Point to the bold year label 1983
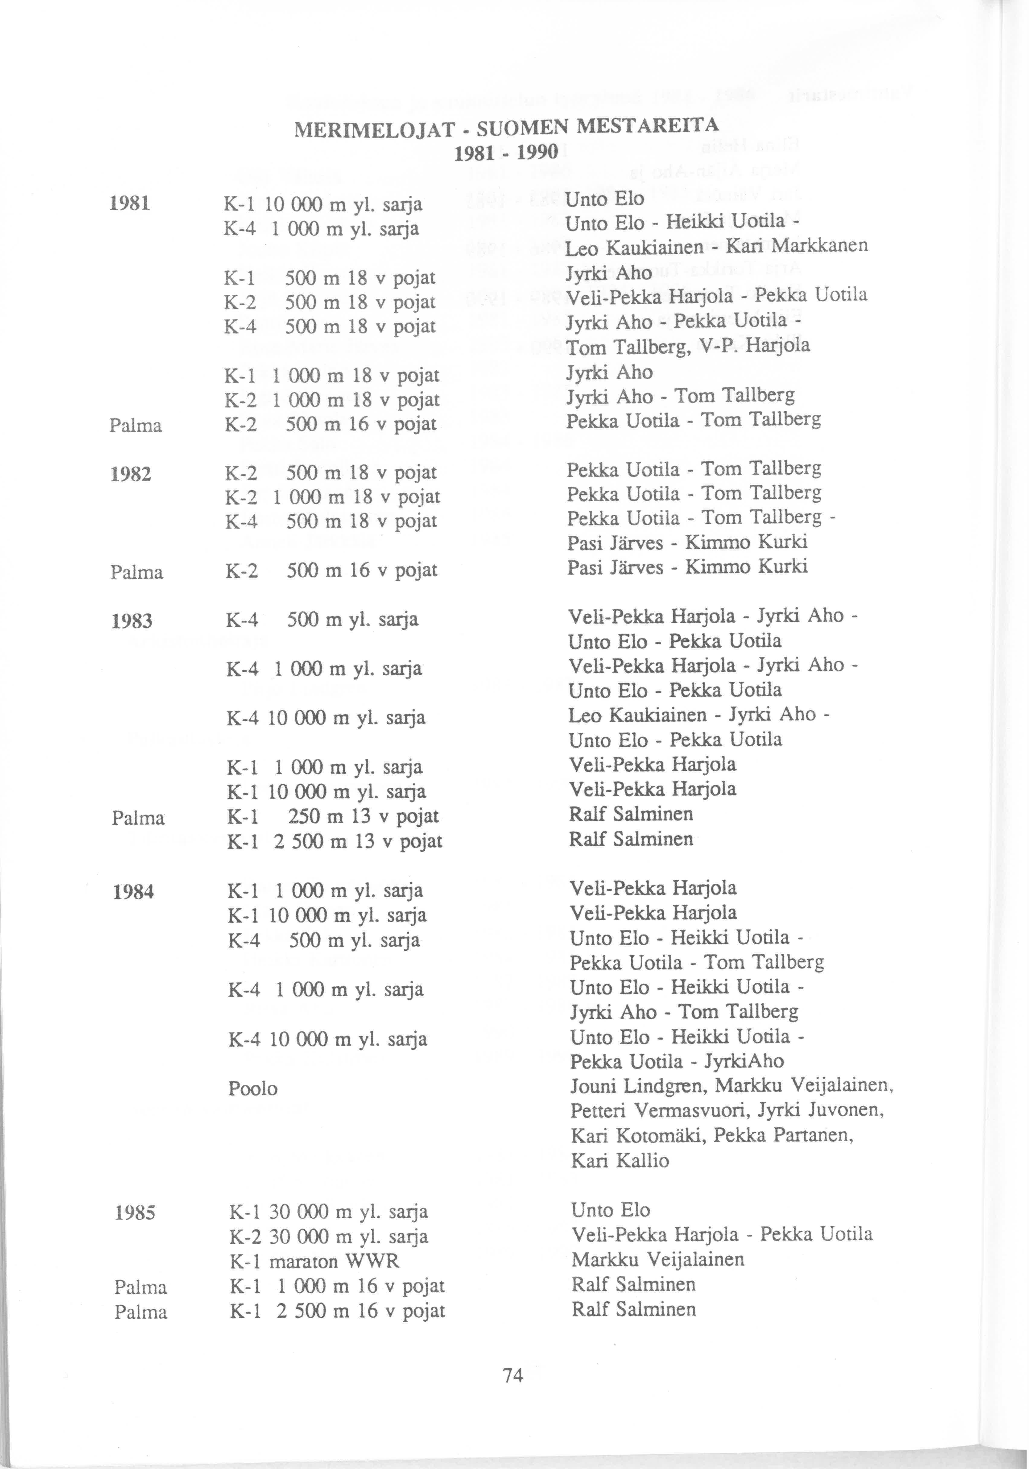point(132,621)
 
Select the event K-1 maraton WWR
point(314,1261)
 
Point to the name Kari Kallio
point(620,1161)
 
